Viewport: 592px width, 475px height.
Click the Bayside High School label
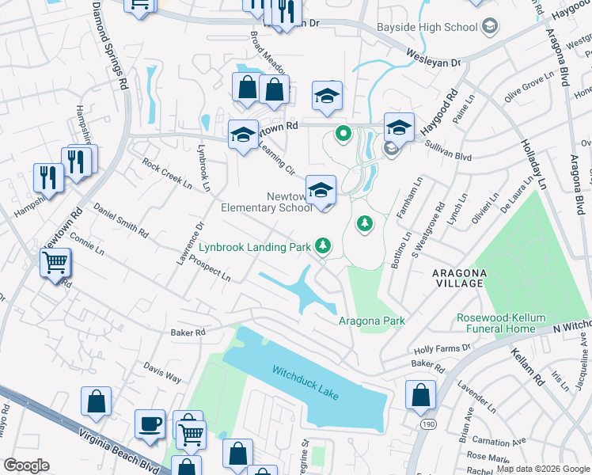[x=427, y=27]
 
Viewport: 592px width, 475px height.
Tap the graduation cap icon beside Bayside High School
[x=490, y=27]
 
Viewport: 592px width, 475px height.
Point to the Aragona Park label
[x=372, y=321]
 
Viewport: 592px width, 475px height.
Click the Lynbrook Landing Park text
[x=254, y=248]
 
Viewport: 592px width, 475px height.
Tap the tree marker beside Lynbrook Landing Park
[x=323, y=247]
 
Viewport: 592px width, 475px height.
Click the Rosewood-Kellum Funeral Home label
[x=501, y=323]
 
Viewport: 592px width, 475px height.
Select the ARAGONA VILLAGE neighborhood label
[x=458, y=277]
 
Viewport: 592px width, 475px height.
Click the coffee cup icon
[x=150, y=425]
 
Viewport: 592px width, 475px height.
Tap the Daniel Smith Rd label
[x=120, y=221]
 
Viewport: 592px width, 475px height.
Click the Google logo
[x=26, y=465]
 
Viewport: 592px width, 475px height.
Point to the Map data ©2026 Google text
[x=542, y=469]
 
